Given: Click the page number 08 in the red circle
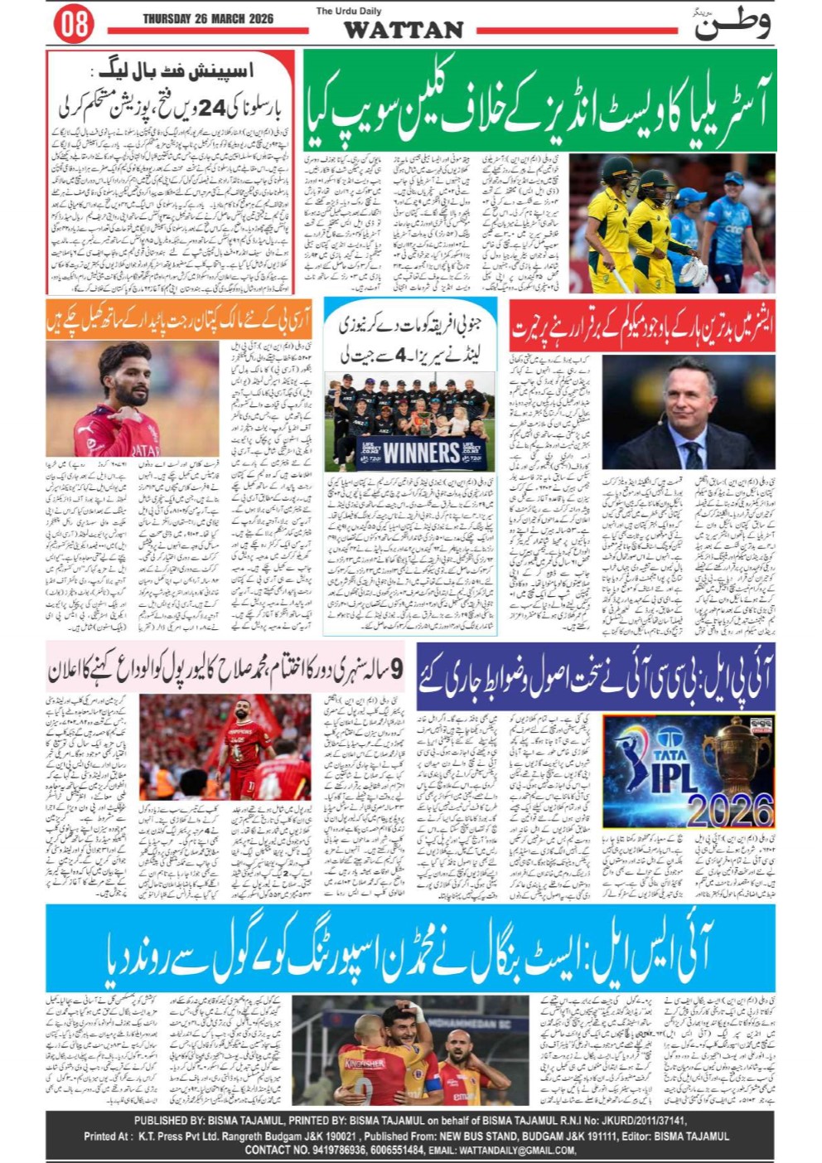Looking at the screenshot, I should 73,24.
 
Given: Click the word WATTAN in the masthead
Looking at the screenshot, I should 404,30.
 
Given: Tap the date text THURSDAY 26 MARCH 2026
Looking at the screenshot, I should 208,17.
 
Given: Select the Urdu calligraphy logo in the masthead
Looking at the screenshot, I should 733,23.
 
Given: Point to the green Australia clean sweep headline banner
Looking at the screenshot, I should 539,100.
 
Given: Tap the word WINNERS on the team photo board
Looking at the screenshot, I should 421,453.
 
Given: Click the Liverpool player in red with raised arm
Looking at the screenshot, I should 245,742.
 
